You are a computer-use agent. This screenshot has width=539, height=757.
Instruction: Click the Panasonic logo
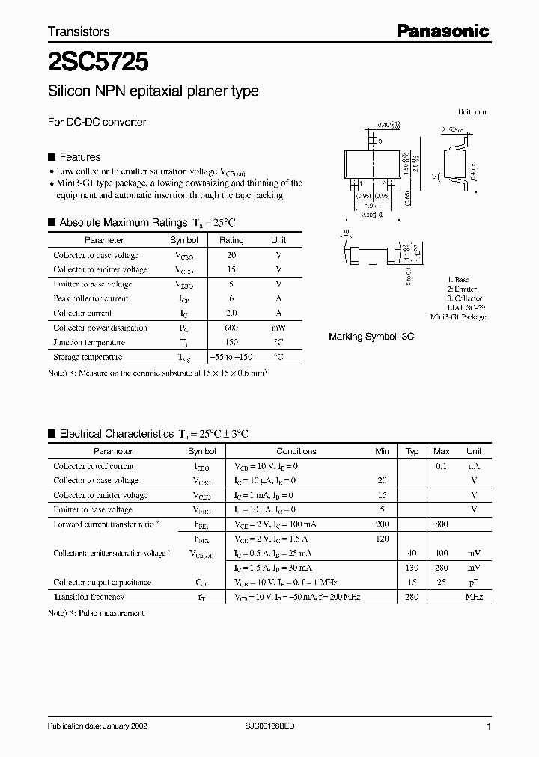pyautogui.click(x=442, y=31)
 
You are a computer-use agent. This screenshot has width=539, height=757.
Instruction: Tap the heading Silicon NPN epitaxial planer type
pyautogui.click(x=153, y=91)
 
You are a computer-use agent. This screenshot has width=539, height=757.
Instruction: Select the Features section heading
pyautogui.click(x=79, y=157)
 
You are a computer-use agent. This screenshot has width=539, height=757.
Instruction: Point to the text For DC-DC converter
pyautogui.click(x=97, y=122)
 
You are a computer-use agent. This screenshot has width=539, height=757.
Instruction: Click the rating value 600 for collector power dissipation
pyautogui.click(x=231, y=328)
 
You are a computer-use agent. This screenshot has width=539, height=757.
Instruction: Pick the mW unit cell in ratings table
pyautogui.click(x=278, y=328)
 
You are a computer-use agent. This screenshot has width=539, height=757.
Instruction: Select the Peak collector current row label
pyautogui.click(x=91, y=298)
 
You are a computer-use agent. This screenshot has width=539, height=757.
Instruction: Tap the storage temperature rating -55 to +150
pyautogui.click(x=231, y=357)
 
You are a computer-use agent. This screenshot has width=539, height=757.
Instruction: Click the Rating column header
pyautogui.click(x=231, y=240)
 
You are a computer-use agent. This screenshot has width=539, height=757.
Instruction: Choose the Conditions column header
pyautogui.click(x=296, y=451)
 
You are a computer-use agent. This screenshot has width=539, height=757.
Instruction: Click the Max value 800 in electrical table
pyautogui.click(x=441, y=524)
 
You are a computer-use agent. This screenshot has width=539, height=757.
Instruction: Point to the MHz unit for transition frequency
pyautogui.click(x=474, y=597)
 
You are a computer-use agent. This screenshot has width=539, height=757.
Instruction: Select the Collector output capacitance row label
pyautogui.click(x=102, y=582)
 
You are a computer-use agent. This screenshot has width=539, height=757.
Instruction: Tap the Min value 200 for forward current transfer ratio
pyautogui.click(x=382, y=524)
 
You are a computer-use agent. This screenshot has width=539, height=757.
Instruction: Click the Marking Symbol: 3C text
pyautogui.click(x=371, y=337)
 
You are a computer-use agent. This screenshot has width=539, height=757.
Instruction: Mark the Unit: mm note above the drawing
pyautogui.click(x=472, y=111)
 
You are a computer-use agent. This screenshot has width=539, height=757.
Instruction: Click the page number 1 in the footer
pyautogui.click(x=489, y=726)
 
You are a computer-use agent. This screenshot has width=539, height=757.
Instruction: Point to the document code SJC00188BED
pyautogui.click(x=273, y=726)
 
